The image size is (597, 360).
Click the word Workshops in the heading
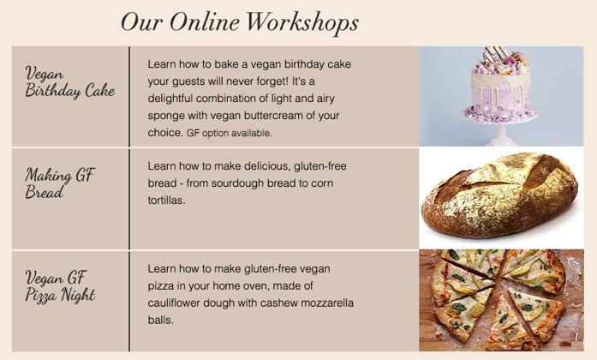click(302, 22)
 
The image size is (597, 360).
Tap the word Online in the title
click(205, 21)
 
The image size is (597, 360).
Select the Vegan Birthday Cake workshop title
click(70, 82)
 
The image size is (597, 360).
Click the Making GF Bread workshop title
click(60, 183)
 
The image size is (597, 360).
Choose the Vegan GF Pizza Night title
click(60, 286)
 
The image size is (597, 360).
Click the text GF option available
click(230, 134)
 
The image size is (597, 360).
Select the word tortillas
click(166, 201)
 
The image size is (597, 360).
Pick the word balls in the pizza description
click(161, 320)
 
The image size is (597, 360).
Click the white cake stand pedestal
click(501, 135)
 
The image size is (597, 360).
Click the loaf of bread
click(500, 195)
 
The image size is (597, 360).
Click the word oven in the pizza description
click(255, 286)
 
